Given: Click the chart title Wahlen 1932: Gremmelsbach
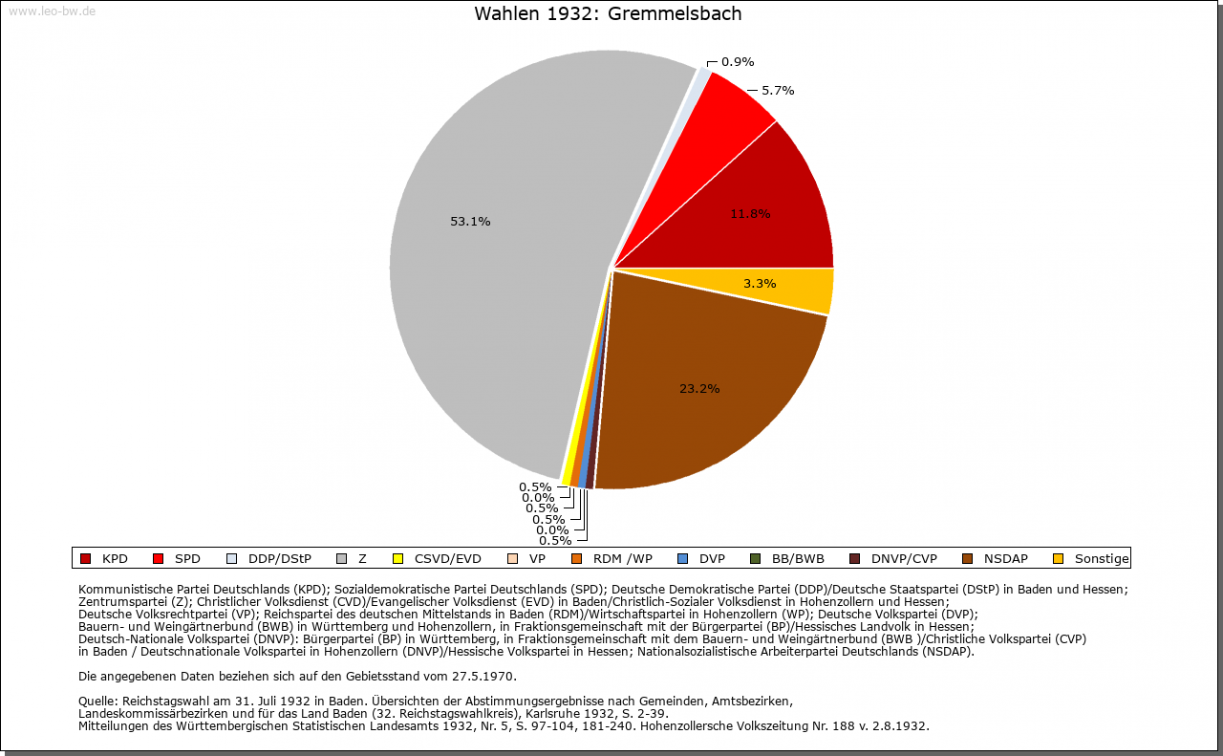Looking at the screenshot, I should (x=608, y=14).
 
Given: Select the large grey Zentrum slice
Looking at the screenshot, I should (x=497, y=287).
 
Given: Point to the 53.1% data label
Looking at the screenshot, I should (x=470, y=222).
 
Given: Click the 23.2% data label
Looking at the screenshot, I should (x=699, y=389).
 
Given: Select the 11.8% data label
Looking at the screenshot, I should (x=750, y=214).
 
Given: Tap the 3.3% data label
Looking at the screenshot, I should (x=760, y=284).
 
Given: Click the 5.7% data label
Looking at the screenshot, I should (x=778, y=91).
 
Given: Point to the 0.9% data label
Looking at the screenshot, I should (x=738, y=62).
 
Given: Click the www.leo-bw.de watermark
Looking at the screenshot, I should (x=52, y=11).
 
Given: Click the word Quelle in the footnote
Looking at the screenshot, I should (x=98, y=702).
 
